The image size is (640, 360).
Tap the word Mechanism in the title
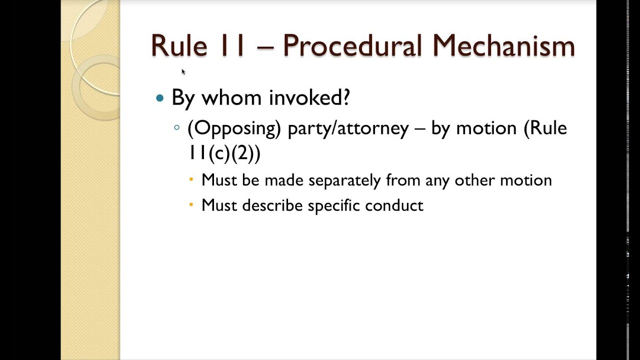click(x=503, y=46)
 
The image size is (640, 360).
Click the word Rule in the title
click(x=178, y=46)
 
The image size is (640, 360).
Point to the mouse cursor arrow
click(x=183, y=71)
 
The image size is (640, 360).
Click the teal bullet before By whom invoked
click(x=160, y=98)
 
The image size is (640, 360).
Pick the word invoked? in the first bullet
click(x=309, y=98)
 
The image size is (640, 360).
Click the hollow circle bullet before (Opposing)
click(x=176, y=128)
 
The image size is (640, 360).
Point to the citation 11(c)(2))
click(x=224, y=153)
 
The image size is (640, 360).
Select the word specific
click(x=334, y=205)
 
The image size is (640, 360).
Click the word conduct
click(x=394, y=205)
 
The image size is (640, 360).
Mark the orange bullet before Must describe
click(x=191, y=205)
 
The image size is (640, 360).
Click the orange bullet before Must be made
click(x=191, y=179)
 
